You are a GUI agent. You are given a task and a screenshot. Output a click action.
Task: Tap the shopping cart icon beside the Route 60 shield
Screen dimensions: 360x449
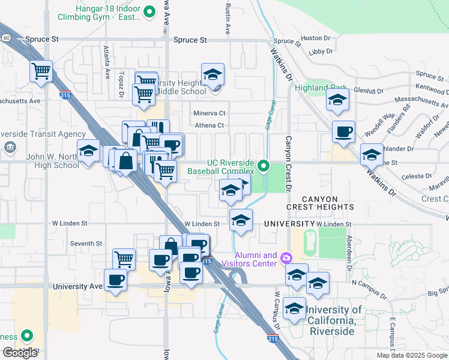coord(41,71)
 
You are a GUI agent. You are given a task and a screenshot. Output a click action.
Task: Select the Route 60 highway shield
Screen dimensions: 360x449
coord(5,37)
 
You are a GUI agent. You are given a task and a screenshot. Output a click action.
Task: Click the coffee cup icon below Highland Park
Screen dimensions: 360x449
coord(343,132)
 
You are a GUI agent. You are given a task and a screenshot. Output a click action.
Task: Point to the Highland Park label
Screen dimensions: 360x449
coord(321,88)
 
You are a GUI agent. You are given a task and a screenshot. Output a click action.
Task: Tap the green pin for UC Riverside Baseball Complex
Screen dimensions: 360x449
coord(263,165)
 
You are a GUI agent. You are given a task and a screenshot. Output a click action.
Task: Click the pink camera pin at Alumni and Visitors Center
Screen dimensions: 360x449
coord(286,258)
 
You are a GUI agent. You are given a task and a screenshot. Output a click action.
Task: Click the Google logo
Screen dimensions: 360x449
coord(20,352)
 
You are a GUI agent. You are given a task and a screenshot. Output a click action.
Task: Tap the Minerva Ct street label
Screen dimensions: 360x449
coord(209,113)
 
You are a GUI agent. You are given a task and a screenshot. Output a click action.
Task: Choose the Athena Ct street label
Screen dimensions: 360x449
coord(209,125)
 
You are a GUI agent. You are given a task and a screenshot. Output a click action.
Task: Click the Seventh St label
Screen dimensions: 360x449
coord(86,243)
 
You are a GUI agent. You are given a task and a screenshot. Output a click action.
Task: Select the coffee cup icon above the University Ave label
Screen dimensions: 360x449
coord(115,280)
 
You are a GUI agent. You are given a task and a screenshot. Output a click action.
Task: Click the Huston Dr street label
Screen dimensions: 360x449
coord(311,37)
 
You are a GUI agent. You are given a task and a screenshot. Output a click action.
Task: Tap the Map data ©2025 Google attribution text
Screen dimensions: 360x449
coord(412,355)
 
